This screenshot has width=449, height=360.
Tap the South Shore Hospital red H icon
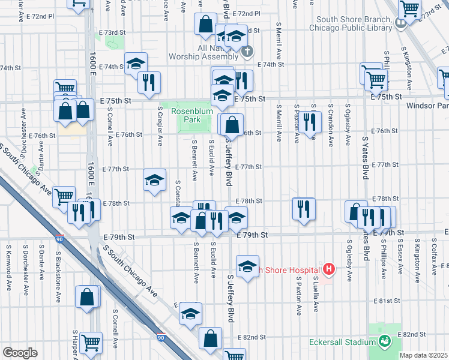tap(328, 270)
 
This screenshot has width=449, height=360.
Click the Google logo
tap(20, 352)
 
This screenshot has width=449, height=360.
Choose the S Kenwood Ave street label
tap(8, 259)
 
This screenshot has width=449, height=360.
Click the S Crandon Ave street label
tap(330, 127)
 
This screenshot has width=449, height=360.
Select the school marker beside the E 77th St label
tap(154, 179)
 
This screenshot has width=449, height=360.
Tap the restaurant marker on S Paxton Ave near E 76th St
tap(309, 122)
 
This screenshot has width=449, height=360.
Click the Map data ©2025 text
tap(424, 355)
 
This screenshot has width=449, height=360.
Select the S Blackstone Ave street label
tap(58, 263)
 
